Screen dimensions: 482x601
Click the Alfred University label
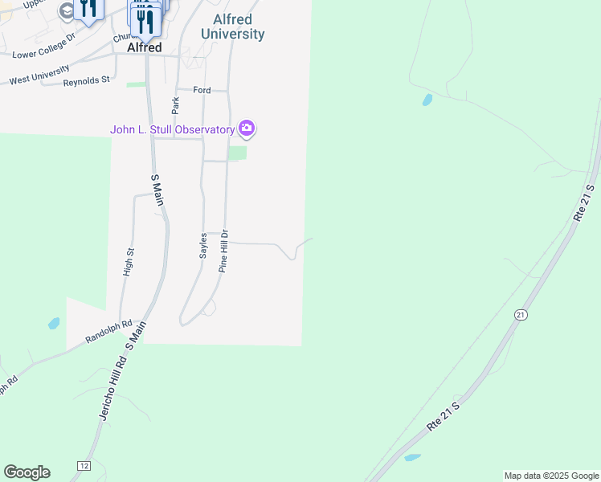[x=232, y=27]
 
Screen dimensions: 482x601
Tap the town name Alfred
[x=145, y=47]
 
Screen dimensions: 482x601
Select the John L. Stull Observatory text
[x=172, y=129]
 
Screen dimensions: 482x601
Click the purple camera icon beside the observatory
[x=247, y=129]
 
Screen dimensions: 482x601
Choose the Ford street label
[x=202, y=90]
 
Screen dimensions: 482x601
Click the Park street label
[x=175, y=104]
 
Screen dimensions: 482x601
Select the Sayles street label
[x=204, y=245]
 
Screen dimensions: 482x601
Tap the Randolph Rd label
[x=109, y=331]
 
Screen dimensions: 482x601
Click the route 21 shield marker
[x=521, y=314]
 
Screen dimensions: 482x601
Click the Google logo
[x=27, y=472]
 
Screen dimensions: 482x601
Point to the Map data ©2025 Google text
[x=551, y=476]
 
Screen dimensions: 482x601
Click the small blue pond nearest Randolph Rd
[x=54, y=324]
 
